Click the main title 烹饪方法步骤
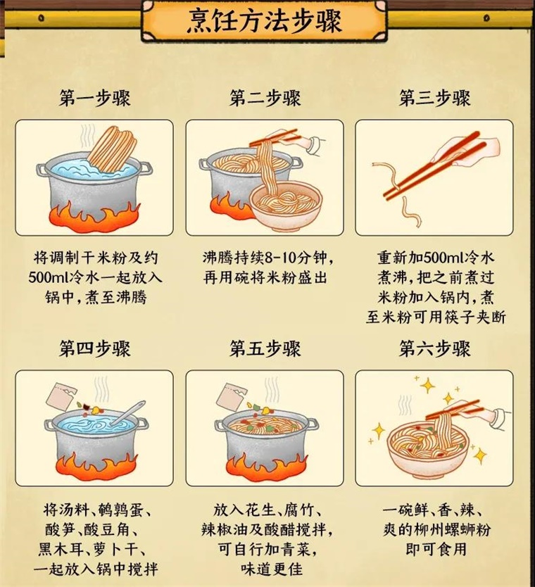click(x=265, y=22)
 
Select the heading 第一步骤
click(x=95, y=98)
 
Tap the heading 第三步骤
click(x=434, y=98)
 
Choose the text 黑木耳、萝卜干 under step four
click(x=94, y=548)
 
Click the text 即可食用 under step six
click(x=434, y=548)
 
